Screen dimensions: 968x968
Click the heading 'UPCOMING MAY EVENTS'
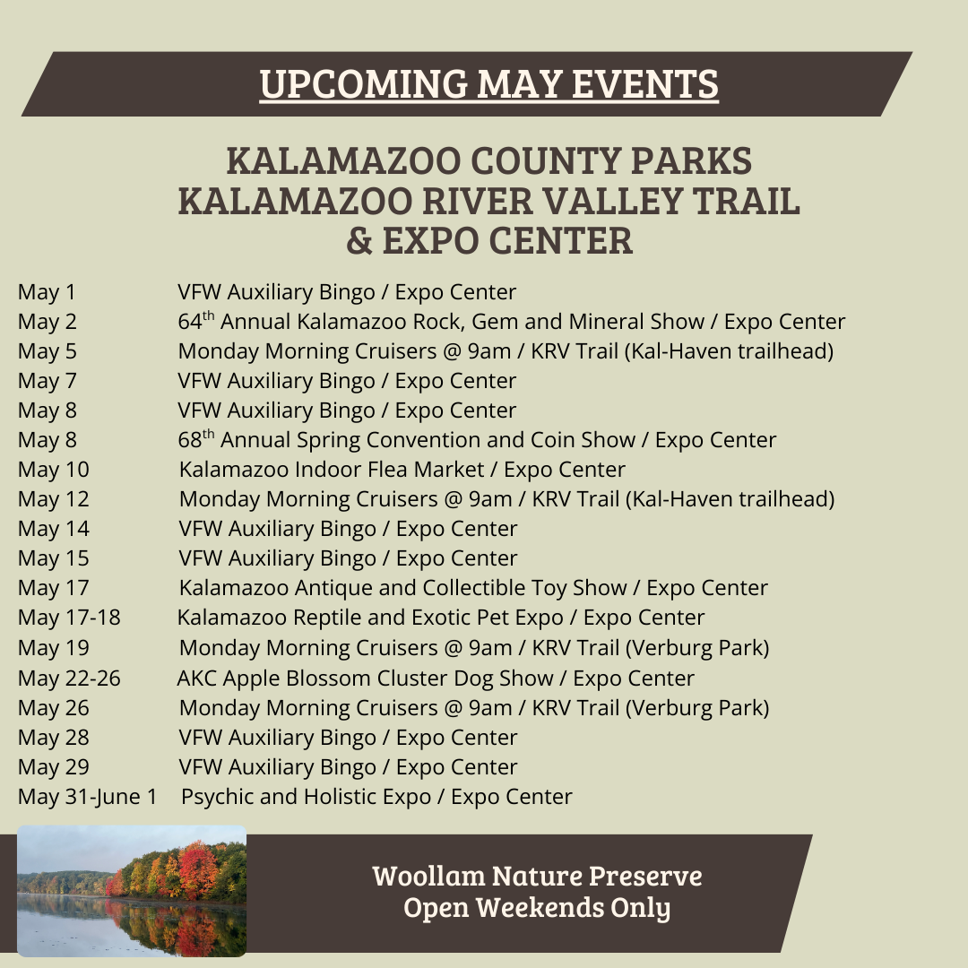click(x=489, y=84)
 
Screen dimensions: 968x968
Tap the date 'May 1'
click(x=47, y=292)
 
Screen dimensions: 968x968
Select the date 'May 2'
click(x=48, y=322)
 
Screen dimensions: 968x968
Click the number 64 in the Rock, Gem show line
click(x=190, y=322)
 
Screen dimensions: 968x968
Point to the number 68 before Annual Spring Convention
click(x=190, y=440)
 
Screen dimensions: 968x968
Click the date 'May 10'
click(x=54, y=470)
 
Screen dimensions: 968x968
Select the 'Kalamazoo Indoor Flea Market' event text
click(x=332, y=470)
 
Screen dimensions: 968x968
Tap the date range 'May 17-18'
click(x=69, y=618)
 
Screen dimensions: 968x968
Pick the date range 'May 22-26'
click(x=69, y=678)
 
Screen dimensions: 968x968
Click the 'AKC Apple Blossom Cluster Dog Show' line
click(x=366, y=678)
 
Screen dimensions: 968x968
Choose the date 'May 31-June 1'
click(x=88, y=797)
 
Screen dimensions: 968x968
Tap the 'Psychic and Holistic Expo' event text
click(x=307, y=797)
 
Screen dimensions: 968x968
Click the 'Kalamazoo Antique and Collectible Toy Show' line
click(x=403, y=588)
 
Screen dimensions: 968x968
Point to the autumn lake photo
click(x=132, y=891)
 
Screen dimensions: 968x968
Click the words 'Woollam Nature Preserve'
click(x=537, y=876)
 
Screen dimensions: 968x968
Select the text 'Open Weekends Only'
click(x=537, y=908)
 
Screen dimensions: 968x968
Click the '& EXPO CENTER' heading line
click(x=489, y=241)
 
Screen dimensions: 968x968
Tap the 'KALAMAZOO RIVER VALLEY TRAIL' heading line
click(x=489, y=202)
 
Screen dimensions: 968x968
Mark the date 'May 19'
click(x=54, y=648)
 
